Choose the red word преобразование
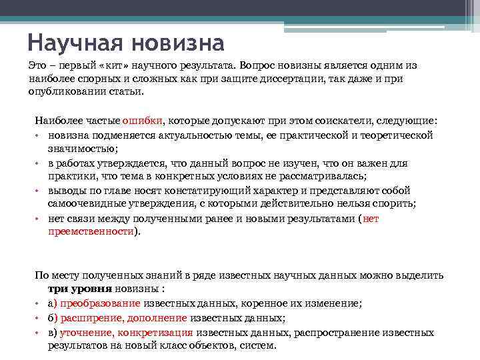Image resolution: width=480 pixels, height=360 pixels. [x=100, y=303]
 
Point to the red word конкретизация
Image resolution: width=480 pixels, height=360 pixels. [x=157, y=332]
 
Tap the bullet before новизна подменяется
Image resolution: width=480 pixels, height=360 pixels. [x=41, y=135]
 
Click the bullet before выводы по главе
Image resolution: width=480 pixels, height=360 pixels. [x=41, y=191]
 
